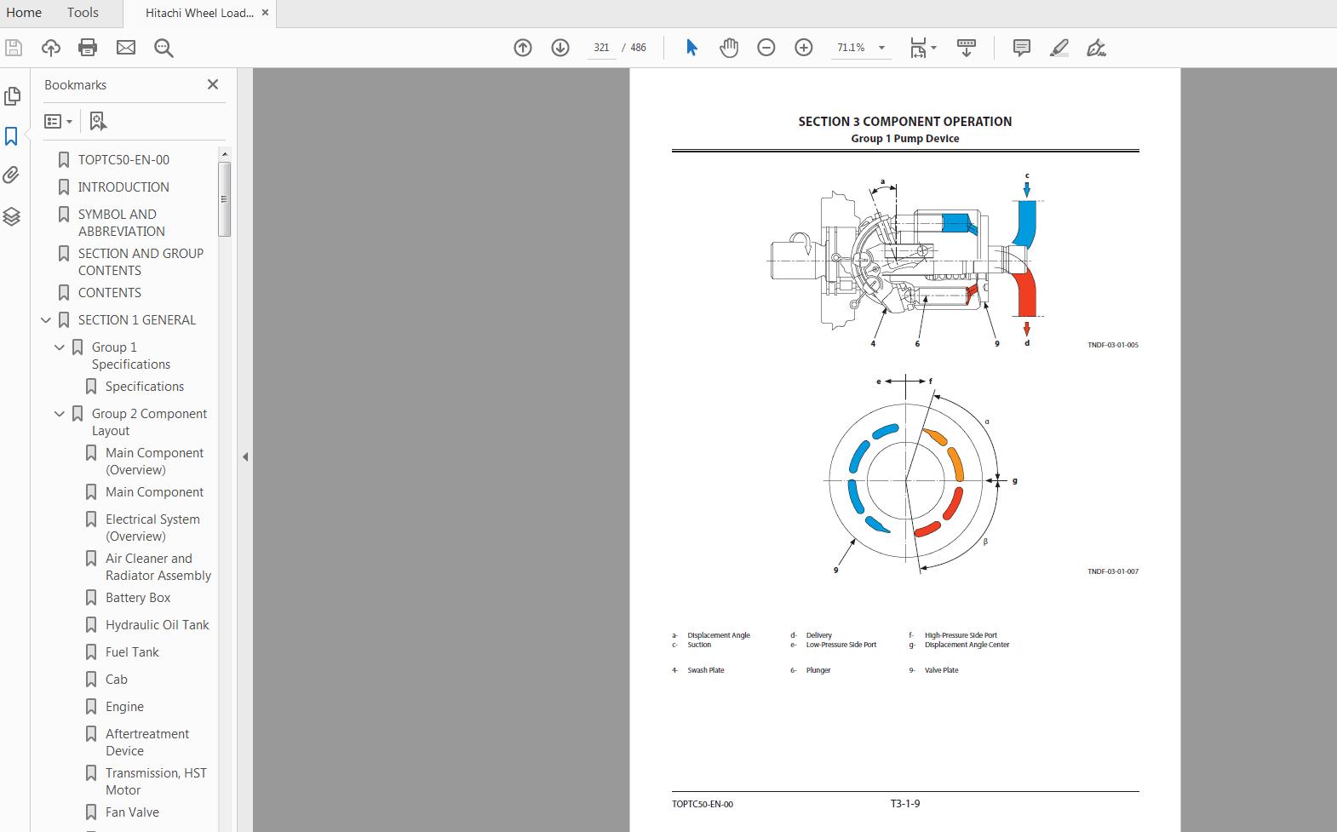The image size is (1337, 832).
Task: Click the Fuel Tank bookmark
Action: coord(132,652)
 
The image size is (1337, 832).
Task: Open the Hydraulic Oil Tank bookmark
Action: coord(157,625)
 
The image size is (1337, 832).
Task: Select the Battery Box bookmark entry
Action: coord(138,598)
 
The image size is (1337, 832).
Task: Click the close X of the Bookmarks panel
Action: coord(213,84)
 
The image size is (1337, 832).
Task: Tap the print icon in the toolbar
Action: coord(88,48)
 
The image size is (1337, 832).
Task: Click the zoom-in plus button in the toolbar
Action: coord(803,48)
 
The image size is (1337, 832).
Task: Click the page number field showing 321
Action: coord(601,48)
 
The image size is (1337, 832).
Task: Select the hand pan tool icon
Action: coord(729,48)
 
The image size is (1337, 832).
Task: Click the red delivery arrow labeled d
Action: coord(1027,328)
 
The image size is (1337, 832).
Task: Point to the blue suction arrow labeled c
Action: coord(1027,188)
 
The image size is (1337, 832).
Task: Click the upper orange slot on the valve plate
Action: coord(936,438)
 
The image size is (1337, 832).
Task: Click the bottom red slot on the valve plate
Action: coord(927,530)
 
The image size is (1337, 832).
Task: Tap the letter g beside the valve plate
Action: coord(1014,480)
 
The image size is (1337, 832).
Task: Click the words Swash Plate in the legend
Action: coord(706,670)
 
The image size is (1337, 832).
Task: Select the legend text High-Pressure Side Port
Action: coord(961,635)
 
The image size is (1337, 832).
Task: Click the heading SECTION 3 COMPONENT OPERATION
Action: coord(904,122)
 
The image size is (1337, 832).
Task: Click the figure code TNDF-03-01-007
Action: coord(1112,571)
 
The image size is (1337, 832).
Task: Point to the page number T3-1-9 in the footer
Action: coord(904,803)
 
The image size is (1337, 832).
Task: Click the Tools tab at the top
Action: coord(83,13)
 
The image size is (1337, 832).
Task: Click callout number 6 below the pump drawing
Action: coord(917,344)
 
